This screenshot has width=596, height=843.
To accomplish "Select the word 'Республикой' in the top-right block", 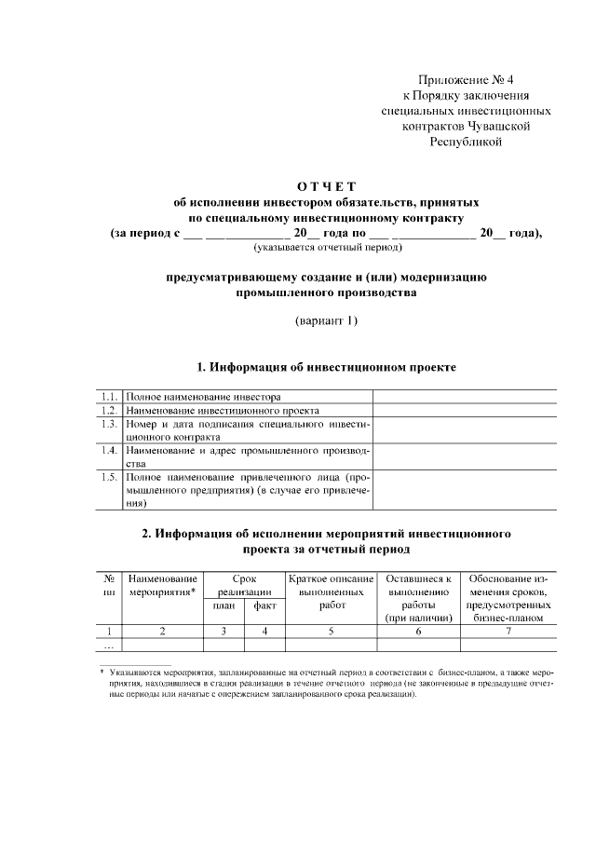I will (x=466, y=143).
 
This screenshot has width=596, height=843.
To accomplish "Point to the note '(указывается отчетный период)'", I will (x=320, y=249).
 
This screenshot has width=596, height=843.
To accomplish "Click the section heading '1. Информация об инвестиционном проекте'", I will (x=324, y=367).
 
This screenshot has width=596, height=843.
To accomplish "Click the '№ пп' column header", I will (x=109, y=585).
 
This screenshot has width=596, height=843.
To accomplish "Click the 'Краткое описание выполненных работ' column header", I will (x=332, y=591).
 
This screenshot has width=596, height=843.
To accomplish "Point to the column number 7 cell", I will (x=508, y=631).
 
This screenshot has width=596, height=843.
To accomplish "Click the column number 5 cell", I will (x=332, y=631).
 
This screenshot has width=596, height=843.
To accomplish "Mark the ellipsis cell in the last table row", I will (x=108, y=645).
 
